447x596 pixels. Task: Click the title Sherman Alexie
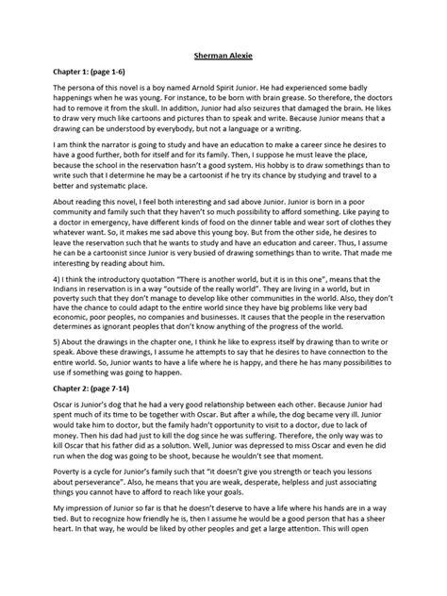[x=223, y=56]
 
